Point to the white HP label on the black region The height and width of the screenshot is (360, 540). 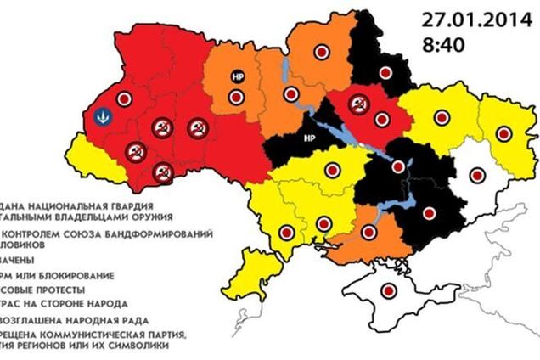click(309, 137)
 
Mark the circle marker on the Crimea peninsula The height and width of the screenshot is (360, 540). click(391, 290)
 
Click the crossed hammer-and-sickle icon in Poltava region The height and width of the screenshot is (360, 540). click(359, 105)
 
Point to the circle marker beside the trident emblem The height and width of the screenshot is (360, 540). click(123, 98)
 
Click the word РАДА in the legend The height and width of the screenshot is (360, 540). click(132, 320)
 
